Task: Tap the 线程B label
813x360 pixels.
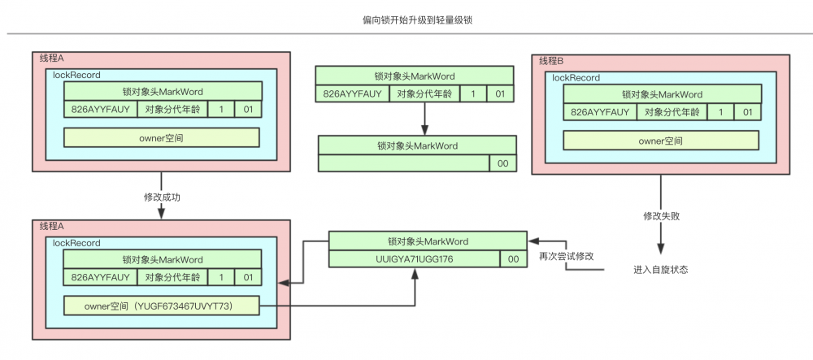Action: [551, 61]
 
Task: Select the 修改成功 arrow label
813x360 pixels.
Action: [161, 197]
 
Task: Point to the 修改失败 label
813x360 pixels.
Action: [660, 217]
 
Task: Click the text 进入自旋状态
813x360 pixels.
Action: [660, 270]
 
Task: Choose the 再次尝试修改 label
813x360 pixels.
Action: [567, 256]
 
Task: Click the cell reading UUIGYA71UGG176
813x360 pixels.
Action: [415, 258]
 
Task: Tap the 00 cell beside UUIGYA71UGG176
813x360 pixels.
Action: [514, 258]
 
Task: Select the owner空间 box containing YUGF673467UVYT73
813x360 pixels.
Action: [161, 306]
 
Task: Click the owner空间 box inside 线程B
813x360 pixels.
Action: [661, 141]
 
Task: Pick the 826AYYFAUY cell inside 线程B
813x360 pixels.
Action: [600, 112]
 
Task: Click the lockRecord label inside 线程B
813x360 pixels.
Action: [576, 78]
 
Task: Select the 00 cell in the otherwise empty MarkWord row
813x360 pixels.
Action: [502, 163]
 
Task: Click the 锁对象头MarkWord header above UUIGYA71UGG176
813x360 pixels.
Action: [428, 241]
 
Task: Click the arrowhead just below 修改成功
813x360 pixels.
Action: [161, 214]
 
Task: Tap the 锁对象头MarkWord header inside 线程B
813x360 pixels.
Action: [661, 95]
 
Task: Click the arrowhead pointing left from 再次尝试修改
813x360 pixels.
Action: [533, 241]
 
